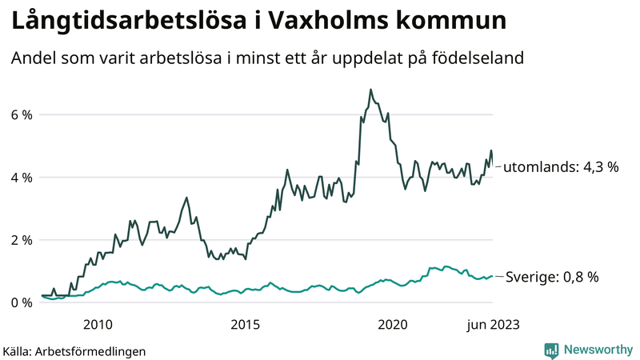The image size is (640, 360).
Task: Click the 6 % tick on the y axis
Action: click(x=21, y=114)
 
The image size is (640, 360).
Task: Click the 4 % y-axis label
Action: click(x=21, y=177)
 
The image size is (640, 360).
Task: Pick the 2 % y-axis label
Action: click(x=21, y=240)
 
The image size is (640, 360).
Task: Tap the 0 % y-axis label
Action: click(x=21, y=302)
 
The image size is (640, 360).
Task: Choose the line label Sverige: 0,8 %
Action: click(x=553, y=277)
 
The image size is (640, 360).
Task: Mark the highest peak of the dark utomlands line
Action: click(x=370, y=90)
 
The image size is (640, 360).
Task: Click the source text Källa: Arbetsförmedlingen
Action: click(x=74, y=350)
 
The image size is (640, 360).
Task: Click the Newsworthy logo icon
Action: click(x=551, y=350)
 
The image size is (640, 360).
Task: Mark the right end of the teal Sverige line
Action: click(x=492, y=276)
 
